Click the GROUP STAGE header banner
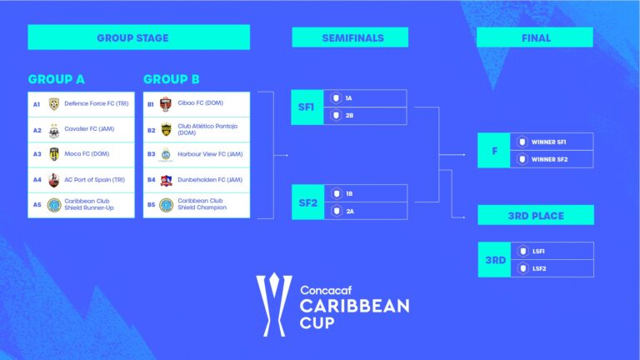[x=138, y=37]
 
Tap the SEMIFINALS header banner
[x=350, y=37]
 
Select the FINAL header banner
[x=535, y=37]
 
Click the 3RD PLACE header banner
[x=535, y=216]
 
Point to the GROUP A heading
[x=57, y=79]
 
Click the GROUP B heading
[x=172, y=79]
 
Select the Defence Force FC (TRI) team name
[x=96, y=104]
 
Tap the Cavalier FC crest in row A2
[x=54, y=130]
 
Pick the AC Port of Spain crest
[x=54, y=180]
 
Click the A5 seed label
[x=37, y=204]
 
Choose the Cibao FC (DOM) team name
[x=200, y=104]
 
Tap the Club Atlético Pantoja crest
[x=166, y=130]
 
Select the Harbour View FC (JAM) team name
[x=209, y=154]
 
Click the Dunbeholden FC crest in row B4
[x=166, y=180]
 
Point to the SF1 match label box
[x=306, y=107]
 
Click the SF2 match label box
[x=306, y=202]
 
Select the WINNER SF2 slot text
[x=549, y=159]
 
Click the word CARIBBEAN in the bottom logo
[x=354, y=306]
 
